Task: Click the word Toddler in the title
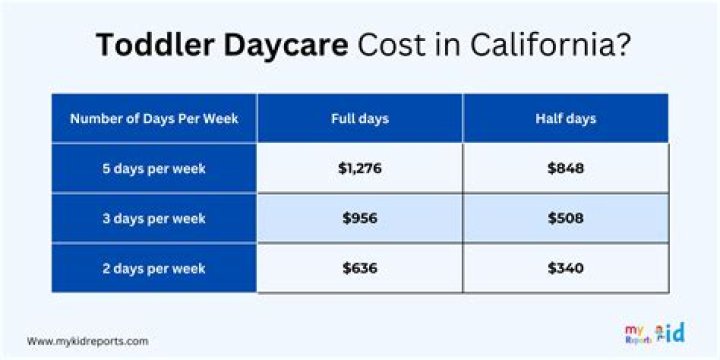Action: point(148,46)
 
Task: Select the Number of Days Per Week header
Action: point(153,119)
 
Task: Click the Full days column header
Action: point(360,119)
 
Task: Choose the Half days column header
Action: point(566,119)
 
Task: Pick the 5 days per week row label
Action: point(153,169)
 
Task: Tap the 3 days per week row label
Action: point(153,219)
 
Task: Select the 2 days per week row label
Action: point(153,268)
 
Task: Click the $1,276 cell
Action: point(360,169)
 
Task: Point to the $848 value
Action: point(566,169)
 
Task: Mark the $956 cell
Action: point(360,219)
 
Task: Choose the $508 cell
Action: point(566,219)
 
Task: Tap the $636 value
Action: point(360,268)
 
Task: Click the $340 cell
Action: point(566,268)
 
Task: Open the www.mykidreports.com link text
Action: point(88,341)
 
